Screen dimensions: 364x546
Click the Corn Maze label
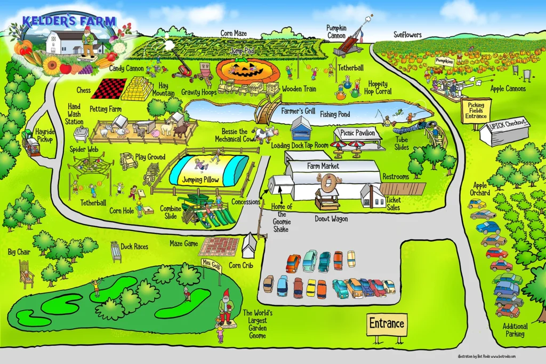234,34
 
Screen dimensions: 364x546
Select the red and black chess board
109,89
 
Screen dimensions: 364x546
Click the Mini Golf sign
211,264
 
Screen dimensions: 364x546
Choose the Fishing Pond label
335,114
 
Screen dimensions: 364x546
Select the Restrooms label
396,177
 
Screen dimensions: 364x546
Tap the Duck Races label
134,247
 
